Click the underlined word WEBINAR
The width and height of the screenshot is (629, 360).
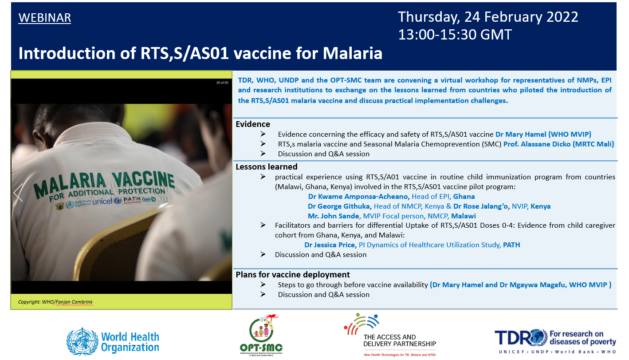[x=45, y=18]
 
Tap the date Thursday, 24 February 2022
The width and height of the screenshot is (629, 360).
[x=488, y=17]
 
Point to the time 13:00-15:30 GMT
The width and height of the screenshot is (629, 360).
[x=455, y=35]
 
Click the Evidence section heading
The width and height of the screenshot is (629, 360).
[x=253, y=124]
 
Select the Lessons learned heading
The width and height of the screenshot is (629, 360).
[x=267, y=166]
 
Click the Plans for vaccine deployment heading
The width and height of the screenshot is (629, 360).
[x=293, y=275]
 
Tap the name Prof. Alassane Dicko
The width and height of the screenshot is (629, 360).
[x=537, y=144]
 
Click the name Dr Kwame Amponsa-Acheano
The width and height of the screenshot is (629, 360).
[x=358, y=197]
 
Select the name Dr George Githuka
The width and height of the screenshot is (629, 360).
[x=338, y=206]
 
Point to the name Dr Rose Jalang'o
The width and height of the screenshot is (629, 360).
[x=480, y=206]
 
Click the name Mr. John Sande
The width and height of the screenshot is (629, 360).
[x=333, y=216]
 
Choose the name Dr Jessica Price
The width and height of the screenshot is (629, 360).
[x=330, y=245]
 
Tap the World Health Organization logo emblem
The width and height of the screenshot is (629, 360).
[x=82, y=342]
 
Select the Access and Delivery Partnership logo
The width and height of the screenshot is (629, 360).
[x=390, y=335]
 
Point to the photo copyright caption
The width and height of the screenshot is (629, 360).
[x=55, y=302]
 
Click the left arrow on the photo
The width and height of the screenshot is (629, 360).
[x=18, y=193]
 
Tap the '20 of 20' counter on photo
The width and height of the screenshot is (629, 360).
[x=222, y=83]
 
